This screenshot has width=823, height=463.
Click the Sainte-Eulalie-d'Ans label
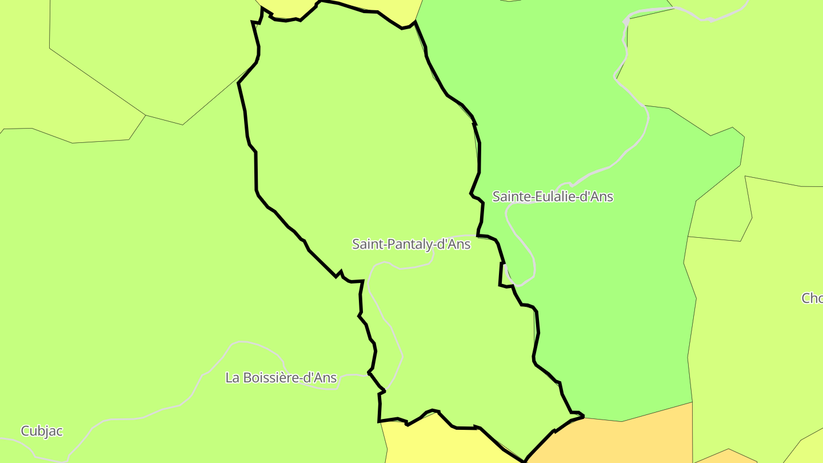(x=553, y=197)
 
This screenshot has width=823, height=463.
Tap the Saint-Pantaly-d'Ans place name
(x=411, y=245)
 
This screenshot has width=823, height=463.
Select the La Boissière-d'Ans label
(x=281, y=378)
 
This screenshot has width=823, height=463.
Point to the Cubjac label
(x=42, y=431)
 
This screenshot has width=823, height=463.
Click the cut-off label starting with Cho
(x=812, y=298)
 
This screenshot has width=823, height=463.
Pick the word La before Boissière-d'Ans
(x=233, y=378)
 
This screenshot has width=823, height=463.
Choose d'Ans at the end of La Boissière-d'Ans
(x=321, y=378)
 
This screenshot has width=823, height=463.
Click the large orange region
(x=617, y=443)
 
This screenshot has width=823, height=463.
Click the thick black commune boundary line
(x=256, y=171)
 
